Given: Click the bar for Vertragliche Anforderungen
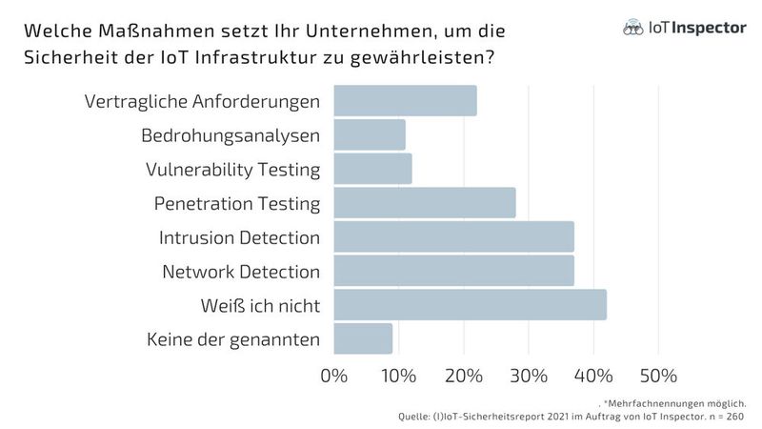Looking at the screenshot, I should click(x=405, y=101).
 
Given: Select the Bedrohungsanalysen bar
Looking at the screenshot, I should click(x=370, y=134).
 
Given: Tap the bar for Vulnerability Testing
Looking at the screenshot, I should click(x=372, y=169).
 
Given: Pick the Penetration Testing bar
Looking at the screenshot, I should click(x=425, y=203).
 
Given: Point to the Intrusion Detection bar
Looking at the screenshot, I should click(x=453, y=236).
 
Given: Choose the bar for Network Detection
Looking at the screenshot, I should click(x=453, y=271).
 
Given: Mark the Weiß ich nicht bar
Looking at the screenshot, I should click(x=470, y=305).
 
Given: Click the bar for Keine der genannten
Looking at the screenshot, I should click(x=363, y=338).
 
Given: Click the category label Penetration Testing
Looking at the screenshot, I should click(x=237, y=203).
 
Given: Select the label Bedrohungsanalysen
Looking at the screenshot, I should click(x=231, y=135).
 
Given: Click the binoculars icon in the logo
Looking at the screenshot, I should click(x=630, y=29).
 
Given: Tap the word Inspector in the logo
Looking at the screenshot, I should click(x=712, y=29).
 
